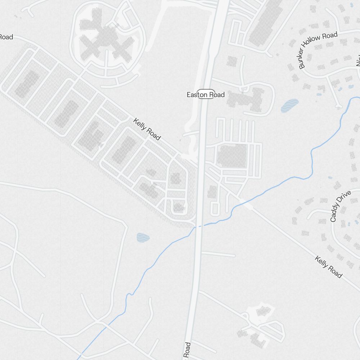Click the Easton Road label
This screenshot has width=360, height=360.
(x=206, y=95)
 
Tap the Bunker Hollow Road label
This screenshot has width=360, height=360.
(x=318, y=50)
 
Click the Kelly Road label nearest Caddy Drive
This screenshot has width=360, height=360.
(x=328, y=267)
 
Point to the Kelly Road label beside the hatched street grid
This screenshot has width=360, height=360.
(x=147, y=129)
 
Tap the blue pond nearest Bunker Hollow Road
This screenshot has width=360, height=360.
(x=289, y=105)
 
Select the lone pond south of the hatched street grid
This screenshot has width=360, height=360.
(x=143, y=237)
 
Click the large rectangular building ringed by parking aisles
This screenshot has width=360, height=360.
(x=232, y=156)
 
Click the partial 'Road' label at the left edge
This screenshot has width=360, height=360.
(x=6, y=37)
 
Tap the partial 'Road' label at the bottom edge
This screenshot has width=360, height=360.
(x=186, y=351)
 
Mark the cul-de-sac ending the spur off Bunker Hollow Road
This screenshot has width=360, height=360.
(x=338, y=106)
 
